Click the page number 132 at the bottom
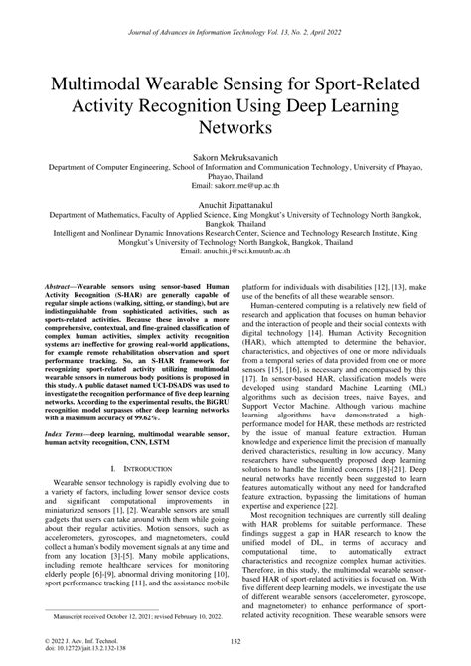(x=235, y=643)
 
